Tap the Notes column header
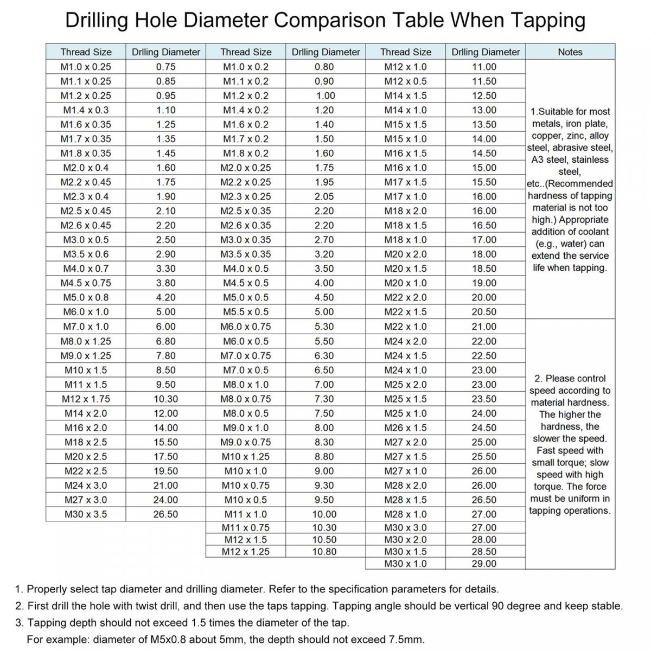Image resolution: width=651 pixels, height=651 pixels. click(x=570, y=52)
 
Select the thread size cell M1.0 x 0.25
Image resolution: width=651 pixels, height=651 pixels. click(x=86, y=67)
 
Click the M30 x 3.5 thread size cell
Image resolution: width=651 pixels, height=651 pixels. click(x=86, y=514)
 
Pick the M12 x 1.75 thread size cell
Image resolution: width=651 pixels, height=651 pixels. click(x=86, y=399)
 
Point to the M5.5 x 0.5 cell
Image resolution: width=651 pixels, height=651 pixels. click(x=246, y=312)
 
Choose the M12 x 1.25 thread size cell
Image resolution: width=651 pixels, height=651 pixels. click(x=246, y=552)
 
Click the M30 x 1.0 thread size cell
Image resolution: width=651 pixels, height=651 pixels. click(x=405, y=564)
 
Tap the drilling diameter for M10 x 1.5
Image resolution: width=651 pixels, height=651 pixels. click(x=165, y=370)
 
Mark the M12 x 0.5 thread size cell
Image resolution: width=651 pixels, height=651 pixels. click(x=405, y=81)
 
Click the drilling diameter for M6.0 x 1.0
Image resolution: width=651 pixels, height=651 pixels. click(x=165, y=312)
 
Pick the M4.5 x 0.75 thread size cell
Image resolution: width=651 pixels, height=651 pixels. click(x=86, y=283)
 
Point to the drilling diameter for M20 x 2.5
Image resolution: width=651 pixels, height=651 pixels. click(x=165, y=457)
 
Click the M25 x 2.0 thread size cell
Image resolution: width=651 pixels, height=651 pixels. click(x=405, y=385)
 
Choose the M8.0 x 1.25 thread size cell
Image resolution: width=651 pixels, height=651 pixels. click(x=86, y=341)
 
